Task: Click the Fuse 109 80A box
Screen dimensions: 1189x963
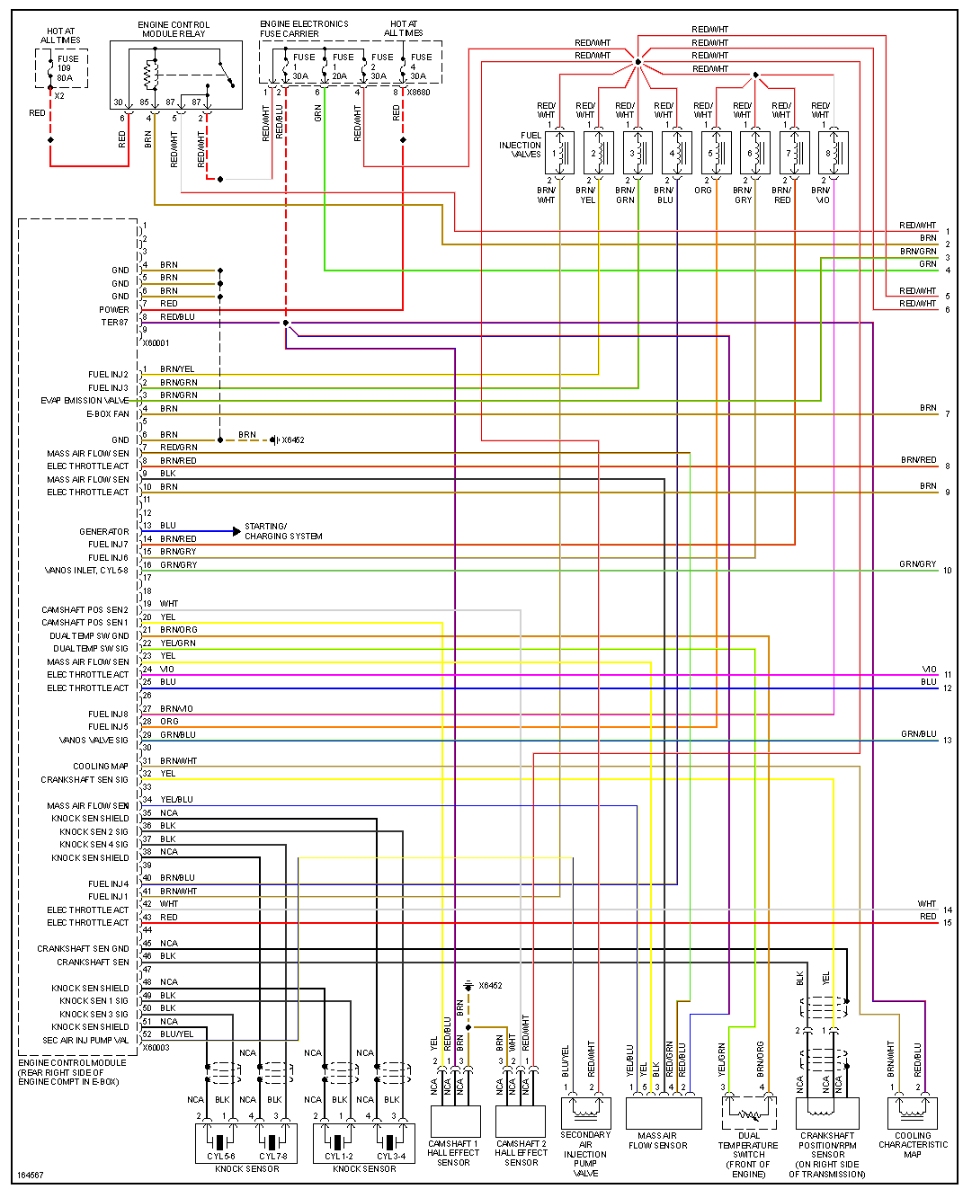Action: [x=62, y=68]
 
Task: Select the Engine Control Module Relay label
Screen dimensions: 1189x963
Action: [x=174, y=30]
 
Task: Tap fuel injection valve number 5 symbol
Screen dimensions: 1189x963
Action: [x=717, y=153]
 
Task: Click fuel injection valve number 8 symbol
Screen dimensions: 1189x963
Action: [x=834, y=153]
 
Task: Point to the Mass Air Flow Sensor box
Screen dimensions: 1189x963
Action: [x=663, y=1113]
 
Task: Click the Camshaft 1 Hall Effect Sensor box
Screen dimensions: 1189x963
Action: [x=455, y=1121]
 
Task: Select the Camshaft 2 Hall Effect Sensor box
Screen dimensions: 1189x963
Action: [x=521, y=1121]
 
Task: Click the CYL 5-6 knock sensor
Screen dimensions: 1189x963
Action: [x=221, y=1143]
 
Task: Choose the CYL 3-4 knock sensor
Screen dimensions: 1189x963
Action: [x=391, y=1143]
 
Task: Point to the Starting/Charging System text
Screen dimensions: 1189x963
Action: [x=283, y=531]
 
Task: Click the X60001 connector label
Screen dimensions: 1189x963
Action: [x=156, y=343]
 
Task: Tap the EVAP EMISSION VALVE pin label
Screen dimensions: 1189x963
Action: [x=85, y=401]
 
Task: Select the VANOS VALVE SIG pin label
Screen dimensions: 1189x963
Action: [x=94, y=741]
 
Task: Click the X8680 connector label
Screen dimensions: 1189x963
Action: [x=418, y=93]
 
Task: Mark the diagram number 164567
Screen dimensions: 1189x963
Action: [x=30, y=1175]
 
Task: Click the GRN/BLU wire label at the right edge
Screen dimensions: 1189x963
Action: [x=918, y=734]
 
